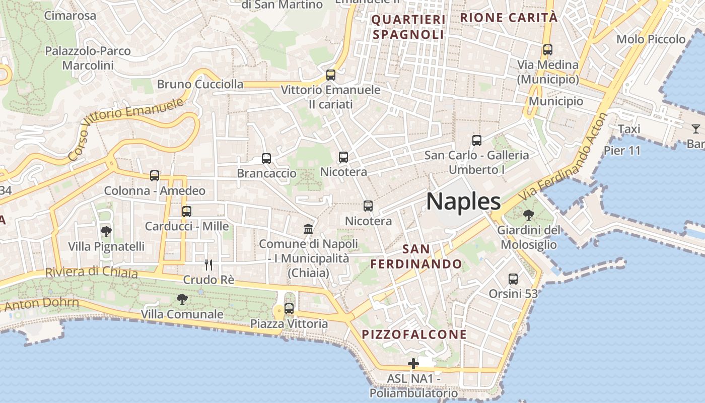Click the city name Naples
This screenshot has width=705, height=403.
463,201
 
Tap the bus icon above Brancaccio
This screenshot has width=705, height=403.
266,159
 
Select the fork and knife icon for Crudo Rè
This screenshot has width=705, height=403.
208,264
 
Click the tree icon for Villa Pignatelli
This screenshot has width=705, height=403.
106,232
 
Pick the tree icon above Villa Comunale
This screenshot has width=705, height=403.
182,299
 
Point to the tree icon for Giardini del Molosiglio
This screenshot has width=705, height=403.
528,216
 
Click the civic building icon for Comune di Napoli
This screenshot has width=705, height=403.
308,229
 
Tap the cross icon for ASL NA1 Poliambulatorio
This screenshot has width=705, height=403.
413,363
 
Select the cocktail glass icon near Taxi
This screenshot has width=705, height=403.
695,128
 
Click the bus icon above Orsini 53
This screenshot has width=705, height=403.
513,279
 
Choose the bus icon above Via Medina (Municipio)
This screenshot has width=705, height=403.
548,50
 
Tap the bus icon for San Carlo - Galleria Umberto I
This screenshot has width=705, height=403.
477,141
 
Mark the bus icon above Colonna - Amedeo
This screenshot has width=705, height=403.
155,176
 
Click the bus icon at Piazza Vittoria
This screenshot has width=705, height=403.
289,309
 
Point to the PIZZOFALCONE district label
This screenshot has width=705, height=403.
414,334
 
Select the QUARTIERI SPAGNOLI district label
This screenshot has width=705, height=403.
408,27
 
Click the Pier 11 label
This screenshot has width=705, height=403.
622,151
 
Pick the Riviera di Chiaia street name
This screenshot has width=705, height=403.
91,272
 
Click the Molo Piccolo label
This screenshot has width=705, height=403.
651,39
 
